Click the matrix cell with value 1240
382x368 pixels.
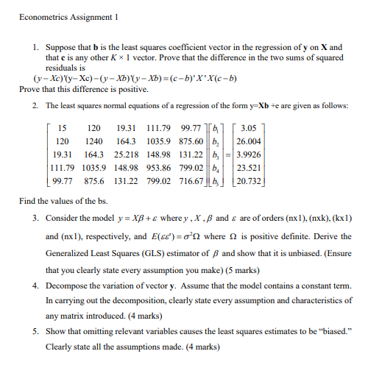pos(93,140)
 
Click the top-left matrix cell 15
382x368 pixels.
pos(63,127)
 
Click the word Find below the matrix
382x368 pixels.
pos(28,200)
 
